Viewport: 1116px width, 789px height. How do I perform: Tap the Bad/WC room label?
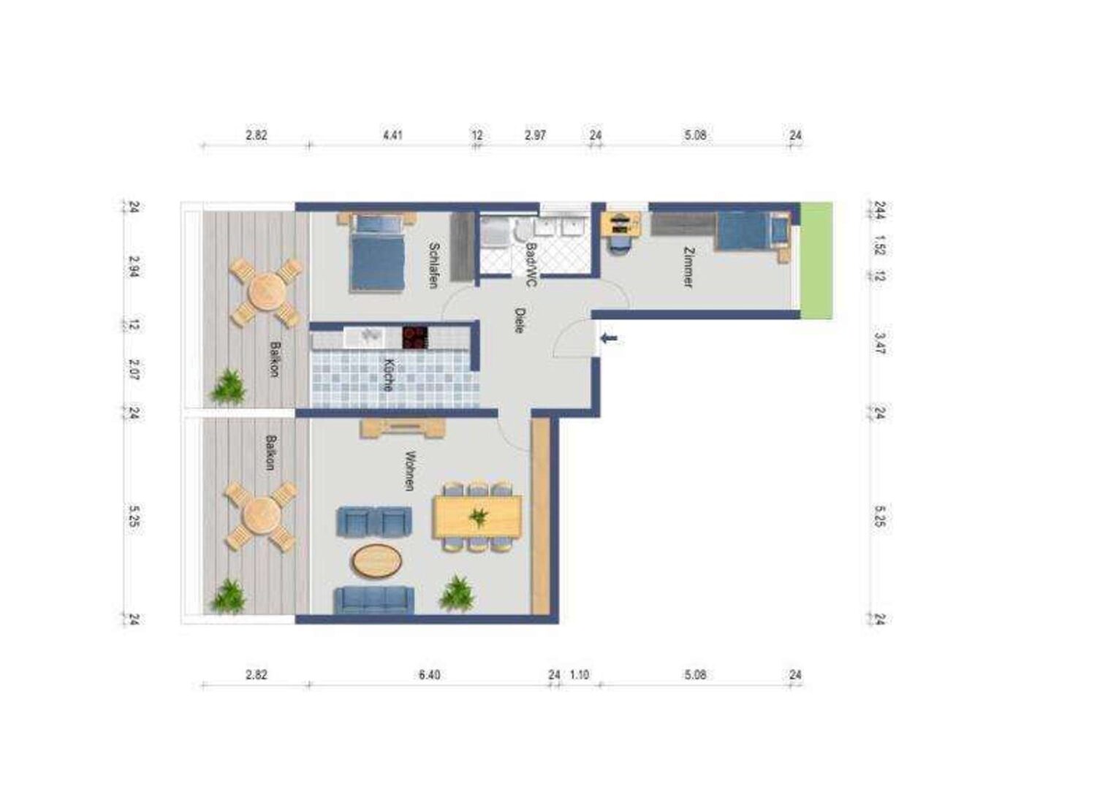tap(531, 264)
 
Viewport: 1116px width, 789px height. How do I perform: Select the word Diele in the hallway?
tap(520, 320)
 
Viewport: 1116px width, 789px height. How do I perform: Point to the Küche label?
tap(390, 375)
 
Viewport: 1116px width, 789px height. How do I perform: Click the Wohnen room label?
tap(410, 471)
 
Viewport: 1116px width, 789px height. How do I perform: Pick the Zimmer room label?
tap(688, 267)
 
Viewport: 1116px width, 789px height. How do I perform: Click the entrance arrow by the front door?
tap(609, 339)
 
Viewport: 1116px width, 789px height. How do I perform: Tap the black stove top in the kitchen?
tap(415, 338)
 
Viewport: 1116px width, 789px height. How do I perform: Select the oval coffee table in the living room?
tap(376, 561)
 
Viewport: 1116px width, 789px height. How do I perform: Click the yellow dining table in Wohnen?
tap(478, 517)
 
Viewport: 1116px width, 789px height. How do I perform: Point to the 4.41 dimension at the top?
tap(392, 135)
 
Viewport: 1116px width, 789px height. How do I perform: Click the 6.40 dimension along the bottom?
tap(430, 675)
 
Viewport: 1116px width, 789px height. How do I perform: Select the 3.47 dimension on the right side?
tap(880, 343)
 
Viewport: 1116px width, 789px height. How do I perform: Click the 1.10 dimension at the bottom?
tap(580, 675)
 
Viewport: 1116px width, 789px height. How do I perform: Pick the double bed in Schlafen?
tap(376, 252)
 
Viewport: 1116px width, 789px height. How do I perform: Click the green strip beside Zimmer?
tap(816, 261)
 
